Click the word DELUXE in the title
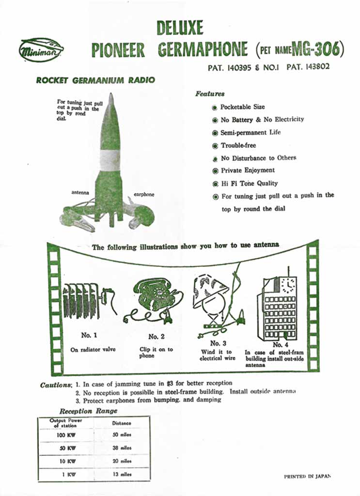point(180,28)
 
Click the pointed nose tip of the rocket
point(111,95)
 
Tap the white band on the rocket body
point(110,160)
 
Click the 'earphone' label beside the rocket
point(143,195)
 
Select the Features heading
point(210,93)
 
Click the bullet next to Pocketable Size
point(214,108)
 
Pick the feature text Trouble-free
point(238,145)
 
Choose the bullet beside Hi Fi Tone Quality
point(215,184)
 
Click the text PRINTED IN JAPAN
point(307,477)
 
